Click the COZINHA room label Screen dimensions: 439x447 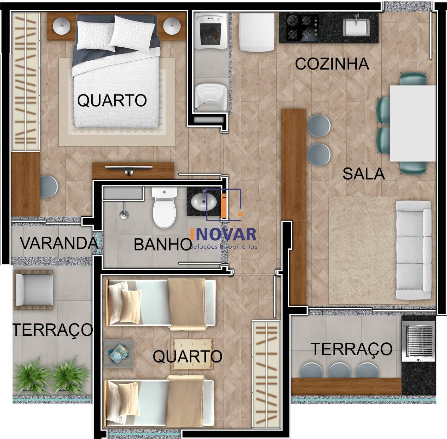click(332, 64)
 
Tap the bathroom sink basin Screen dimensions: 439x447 click(201, 202)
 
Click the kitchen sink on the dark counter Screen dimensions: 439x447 click(356, 27)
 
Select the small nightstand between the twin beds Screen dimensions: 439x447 click(119, 353)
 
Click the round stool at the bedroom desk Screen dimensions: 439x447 click(48, 186)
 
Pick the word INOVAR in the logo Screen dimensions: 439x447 click(223, 235)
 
